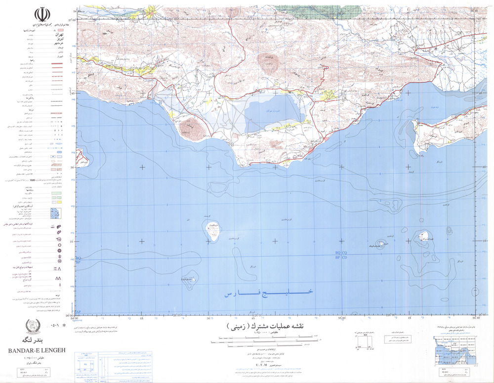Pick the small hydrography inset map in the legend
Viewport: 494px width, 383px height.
(x=55, y=213)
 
